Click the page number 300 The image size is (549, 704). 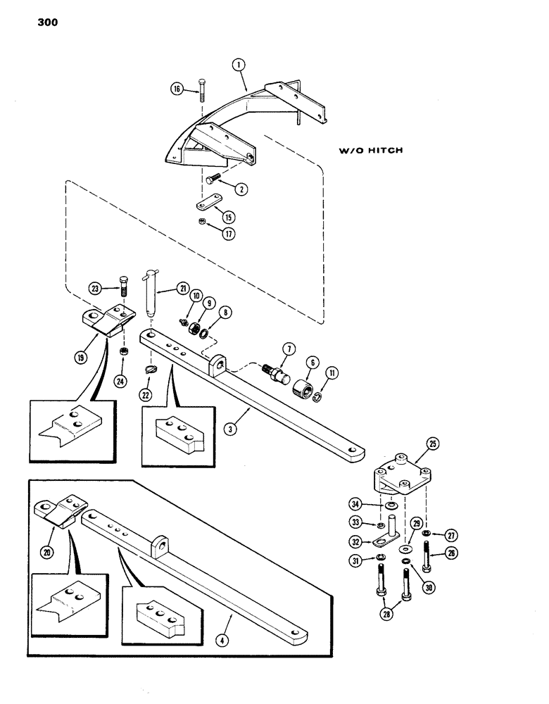(41, 22)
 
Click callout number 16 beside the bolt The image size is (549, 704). (177, 89)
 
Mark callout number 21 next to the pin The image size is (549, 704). (182, 287)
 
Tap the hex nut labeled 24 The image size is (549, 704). (121, 351)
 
